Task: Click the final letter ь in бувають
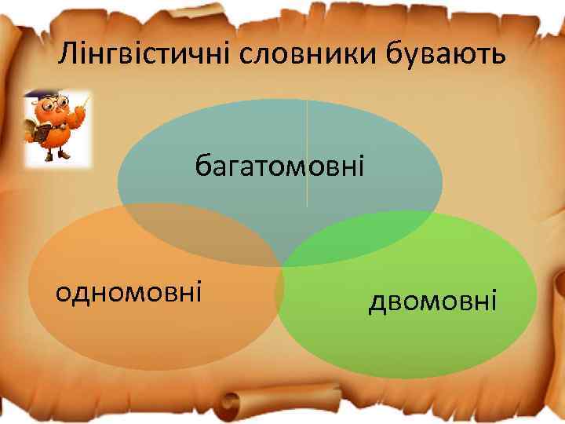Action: pyautogui.click(x=499, y=57)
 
